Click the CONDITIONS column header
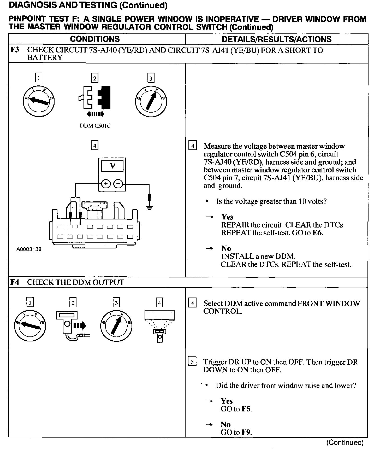pos(95,39)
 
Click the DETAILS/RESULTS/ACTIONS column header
pos(276,39)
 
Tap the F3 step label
pos(15,50)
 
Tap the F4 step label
pos(15,282)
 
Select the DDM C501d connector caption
pos(94,126)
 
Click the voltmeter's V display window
pos(112,166)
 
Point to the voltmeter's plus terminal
pos(106,184)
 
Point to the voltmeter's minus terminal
pos(118,184)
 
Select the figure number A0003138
pos(29,249)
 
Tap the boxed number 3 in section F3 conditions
pos(151,78)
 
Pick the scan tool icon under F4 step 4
pos(159,325)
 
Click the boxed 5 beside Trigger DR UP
pos(192,362)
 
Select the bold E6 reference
pos(317,233)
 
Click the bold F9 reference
pos(246,432)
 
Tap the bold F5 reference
pos(246,409)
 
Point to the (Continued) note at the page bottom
pos(345,443)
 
